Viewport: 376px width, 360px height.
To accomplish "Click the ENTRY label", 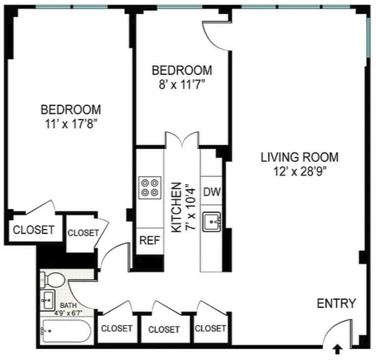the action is click(336, 303).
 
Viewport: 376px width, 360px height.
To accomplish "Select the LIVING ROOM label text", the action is click(300, 157).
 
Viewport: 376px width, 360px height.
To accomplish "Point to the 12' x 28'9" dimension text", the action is click(300, 172).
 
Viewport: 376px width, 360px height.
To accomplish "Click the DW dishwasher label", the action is click(212, 192).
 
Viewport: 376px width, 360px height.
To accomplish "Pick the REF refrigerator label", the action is click(150, 240).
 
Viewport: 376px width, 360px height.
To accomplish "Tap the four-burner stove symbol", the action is click(150, 188).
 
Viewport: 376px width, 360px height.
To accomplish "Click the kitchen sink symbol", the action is click(211, 222).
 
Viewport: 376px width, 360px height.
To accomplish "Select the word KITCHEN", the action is click(176, 207).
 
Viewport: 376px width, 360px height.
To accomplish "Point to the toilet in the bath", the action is click(52, 280).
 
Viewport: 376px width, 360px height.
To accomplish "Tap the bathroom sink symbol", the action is click(47, 300).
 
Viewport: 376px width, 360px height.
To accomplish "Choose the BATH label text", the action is click(69, 305).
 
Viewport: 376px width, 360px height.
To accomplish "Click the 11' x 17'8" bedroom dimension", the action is click(71, 124).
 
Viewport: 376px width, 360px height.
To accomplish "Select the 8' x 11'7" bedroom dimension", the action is click(182, 85).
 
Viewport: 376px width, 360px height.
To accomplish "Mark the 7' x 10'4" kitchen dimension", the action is click(191, 207).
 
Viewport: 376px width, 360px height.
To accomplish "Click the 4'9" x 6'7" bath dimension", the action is click(69, 313).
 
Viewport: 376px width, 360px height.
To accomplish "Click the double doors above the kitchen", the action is click(183, 139).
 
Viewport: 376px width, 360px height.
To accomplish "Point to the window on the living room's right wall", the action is click(369, 38).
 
